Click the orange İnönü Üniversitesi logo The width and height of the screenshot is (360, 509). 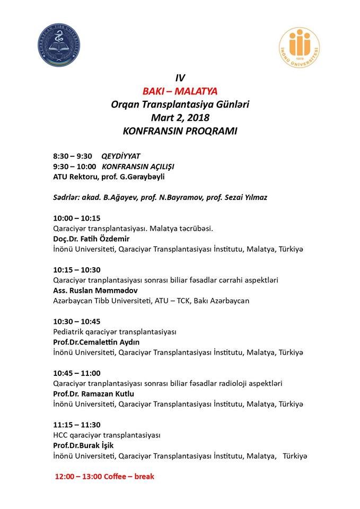[300, 49]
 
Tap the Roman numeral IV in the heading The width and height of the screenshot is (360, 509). [180, 78]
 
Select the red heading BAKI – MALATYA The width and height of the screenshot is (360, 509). [180, 91]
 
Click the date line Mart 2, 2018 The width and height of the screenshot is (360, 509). [180, 117]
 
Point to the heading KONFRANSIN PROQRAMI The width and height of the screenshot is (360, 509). [180, 130]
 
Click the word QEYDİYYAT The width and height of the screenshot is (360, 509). [120, 156]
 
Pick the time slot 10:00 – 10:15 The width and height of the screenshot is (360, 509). [77, 218]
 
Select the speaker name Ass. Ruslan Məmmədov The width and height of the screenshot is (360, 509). [95, 290]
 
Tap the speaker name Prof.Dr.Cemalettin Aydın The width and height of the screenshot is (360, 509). [96, 342]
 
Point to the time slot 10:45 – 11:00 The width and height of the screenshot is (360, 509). [77, 373]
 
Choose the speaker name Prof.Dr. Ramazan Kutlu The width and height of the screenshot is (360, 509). [94, 393]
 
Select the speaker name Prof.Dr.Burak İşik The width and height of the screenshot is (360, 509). [84, 445]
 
